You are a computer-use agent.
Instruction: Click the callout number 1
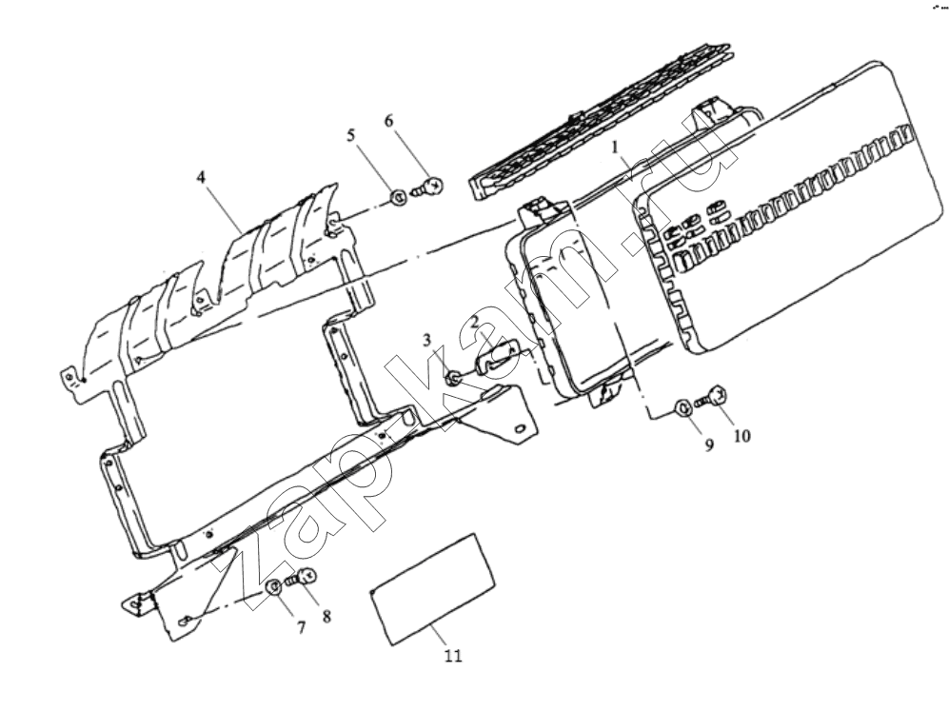pos(616,147)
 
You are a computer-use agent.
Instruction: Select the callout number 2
pos(477,322)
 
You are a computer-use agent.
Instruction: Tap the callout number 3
pos(426,340)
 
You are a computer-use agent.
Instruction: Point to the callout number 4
pos(201,178)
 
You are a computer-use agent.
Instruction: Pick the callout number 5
pos(351,135)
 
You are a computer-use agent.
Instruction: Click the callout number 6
pos(388,121)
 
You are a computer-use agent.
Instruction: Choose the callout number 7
pos(301,628)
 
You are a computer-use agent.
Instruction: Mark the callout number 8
pos(326,617)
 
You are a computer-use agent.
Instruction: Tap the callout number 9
pos(709,444)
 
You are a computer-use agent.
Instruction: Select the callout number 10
pos(742,436)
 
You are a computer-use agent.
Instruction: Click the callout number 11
pos(453,656)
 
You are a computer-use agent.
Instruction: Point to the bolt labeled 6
pos(428,186)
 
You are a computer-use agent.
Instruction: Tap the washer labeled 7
pos(274,587)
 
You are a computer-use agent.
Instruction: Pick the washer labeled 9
pos(682,407)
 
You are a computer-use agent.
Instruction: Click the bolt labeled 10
pos(712,397)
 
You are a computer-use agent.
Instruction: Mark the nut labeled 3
pos(452,380)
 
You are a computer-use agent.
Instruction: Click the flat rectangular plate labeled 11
pos(433,589)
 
